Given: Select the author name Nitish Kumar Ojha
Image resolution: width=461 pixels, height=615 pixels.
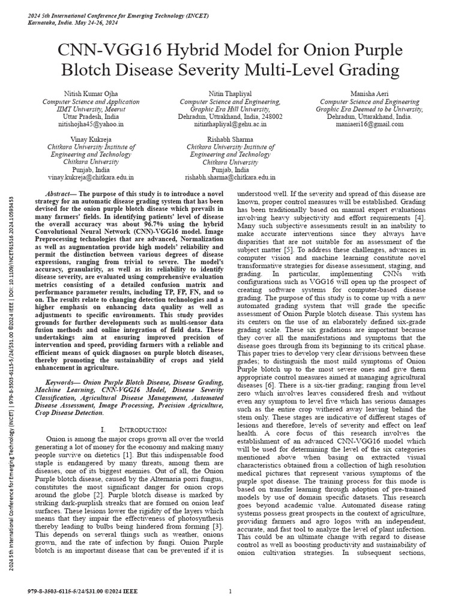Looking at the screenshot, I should coord(92,94).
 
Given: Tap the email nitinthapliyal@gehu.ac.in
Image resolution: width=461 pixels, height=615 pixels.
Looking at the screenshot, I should coord(230,124).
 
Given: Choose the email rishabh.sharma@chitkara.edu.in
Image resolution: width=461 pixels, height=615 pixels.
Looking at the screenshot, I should coord(230,178).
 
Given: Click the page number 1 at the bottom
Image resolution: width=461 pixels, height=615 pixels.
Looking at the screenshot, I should coord(230,592).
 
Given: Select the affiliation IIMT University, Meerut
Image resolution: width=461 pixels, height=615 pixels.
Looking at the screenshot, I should coord(92,109).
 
